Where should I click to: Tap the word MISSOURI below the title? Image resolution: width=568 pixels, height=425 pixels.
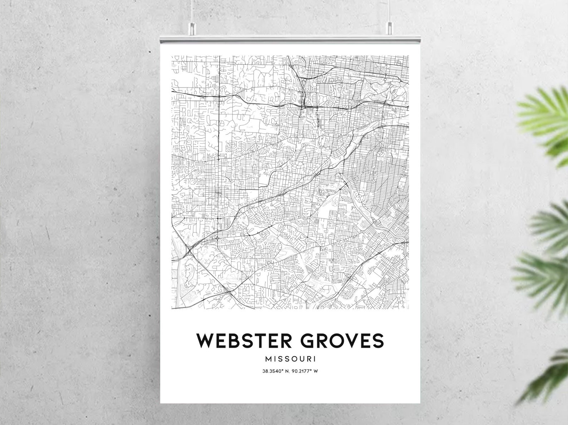290,359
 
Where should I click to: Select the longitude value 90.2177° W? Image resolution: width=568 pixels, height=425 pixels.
305,371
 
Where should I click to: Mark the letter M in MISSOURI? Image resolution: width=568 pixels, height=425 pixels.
269,359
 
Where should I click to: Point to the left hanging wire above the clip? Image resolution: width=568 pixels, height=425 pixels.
192,11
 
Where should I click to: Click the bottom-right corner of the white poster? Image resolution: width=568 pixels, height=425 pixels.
420,403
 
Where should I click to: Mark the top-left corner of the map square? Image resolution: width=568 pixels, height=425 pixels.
172,56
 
